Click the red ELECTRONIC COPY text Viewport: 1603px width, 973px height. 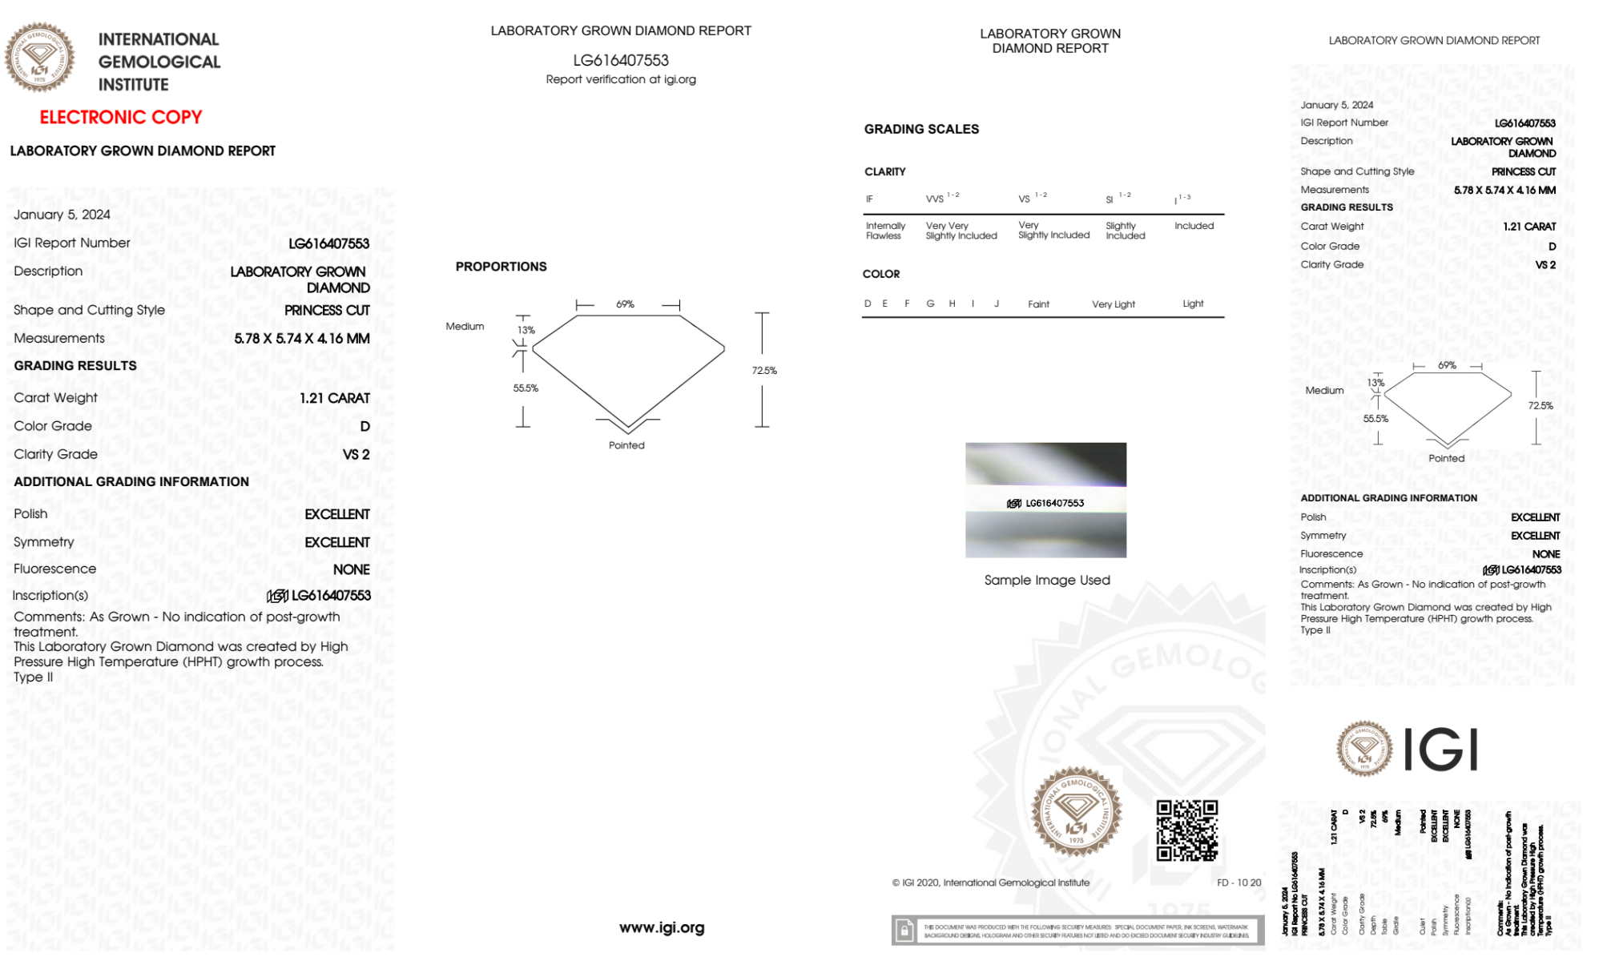coord(120,118)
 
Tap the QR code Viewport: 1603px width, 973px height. coord(1186,830)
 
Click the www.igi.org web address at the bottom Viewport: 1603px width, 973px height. coord(662,927)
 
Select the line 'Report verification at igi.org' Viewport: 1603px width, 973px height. coord(621,79)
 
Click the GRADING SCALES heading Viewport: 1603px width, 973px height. coord(921,129)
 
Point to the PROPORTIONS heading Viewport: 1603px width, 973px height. coord(501,267)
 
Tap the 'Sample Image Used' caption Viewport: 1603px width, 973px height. coord(1047,580)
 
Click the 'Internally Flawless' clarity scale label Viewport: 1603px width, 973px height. coord(885,231)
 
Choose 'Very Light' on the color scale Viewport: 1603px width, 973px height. coord(1113,304)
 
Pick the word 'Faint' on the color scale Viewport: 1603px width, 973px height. coord(1038,304)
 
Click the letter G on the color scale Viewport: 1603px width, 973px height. coord(930,304)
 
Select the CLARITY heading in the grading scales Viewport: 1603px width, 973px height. coord(884,172)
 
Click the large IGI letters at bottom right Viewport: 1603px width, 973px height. coord(1441,750)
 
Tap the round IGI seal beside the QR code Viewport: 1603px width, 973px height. coord(1076,811)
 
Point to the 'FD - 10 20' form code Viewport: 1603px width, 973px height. coord(1238,883)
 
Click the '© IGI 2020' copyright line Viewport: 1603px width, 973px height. coord(991,883)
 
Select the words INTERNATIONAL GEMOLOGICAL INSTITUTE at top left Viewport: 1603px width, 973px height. coord(159,62)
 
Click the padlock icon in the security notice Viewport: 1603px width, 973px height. coord(904,931)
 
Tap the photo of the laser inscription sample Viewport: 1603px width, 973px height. coord(1045,500)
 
